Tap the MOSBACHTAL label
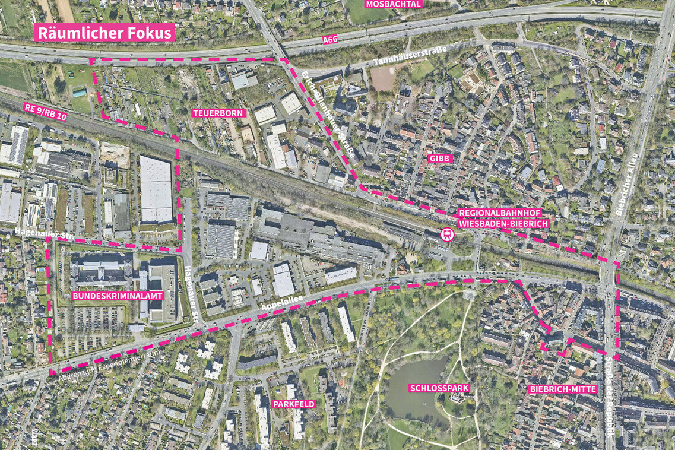coord(394,4)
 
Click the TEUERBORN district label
coord(219,113)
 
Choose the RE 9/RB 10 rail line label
coord(45,112)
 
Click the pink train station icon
coord(446,234)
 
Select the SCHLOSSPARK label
coord(439,388)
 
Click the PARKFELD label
coord(293,404)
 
